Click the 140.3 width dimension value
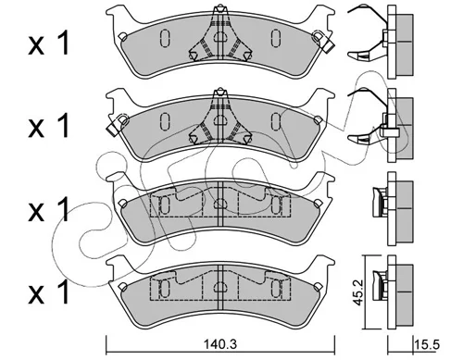click(x=220, y=344)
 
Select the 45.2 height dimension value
click(x=358, y=292)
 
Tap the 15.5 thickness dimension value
click(x=428, y=344)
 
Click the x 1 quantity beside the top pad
click(x=48, y=43)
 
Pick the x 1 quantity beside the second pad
click(x=48, y=125)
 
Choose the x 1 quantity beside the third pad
click(x=48, y=210)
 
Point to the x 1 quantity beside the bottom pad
click(x=48, y=292)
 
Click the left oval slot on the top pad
click(x=165, y=38)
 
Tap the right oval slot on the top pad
click(x=276, y=38)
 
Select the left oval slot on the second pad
click(x=165, y=121)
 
